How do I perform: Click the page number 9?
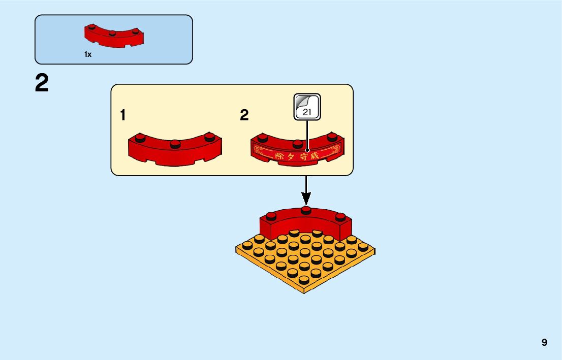click(544, 342)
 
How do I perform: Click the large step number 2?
click(42, 83)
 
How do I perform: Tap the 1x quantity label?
click(88, 54)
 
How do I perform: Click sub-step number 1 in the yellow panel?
click(122, 116)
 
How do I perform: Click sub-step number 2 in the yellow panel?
click(244, 116)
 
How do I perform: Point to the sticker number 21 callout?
click(307, 107)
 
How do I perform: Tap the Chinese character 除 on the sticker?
click(280, 156)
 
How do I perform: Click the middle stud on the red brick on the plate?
click(305, 210)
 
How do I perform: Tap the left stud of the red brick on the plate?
click(271, 215)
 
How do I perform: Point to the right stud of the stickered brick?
click(332, 137)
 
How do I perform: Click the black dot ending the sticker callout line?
click(307, 150)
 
